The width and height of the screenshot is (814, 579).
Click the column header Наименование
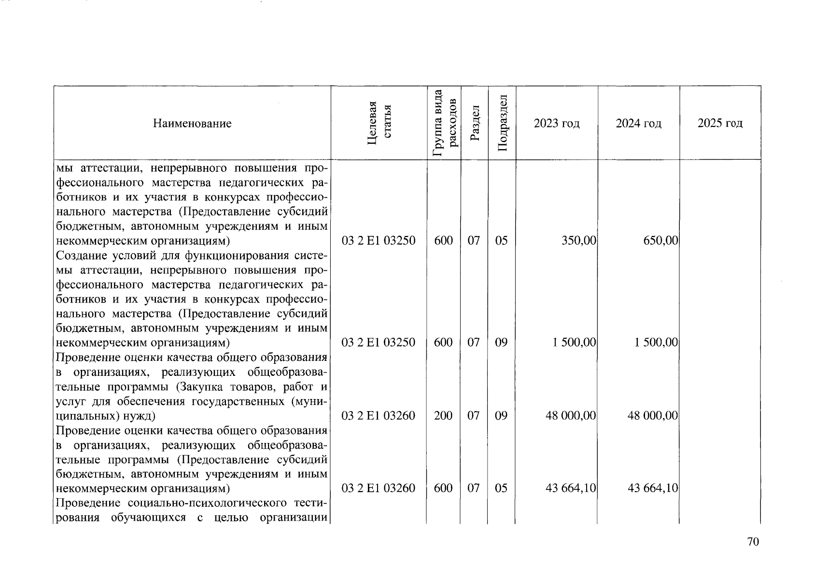tap(192, 124)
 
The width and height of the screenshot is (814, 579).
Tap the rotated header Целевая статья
tap(379, 124)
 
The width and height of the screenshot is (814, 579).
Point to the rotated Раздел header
tap(474, 124)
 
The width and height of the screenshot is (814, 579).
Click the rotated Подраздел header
tap(502, 124)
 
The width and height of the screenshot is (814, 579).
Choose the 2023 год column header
tap(557, 124)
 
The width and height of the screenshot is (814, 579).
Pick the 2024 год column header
tap(638, 124)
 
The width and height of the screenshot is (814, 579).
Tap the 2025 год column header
tap(720, 124)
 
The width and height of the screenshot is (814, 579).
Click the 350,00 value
tap(579, 240)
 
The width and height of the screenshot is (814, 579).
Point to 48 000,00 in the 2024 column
tap(653, 415)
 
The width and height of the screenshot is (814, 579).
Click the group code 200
tap(443, 415)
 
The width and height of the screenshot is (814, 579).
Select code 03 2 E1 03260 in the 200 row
tap(379, 415)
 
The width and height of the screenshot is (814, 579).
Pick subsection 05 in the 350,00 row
tap(502, 240)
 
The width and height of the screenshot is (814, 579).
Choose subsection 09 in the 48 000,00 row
tap(502, 415)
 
